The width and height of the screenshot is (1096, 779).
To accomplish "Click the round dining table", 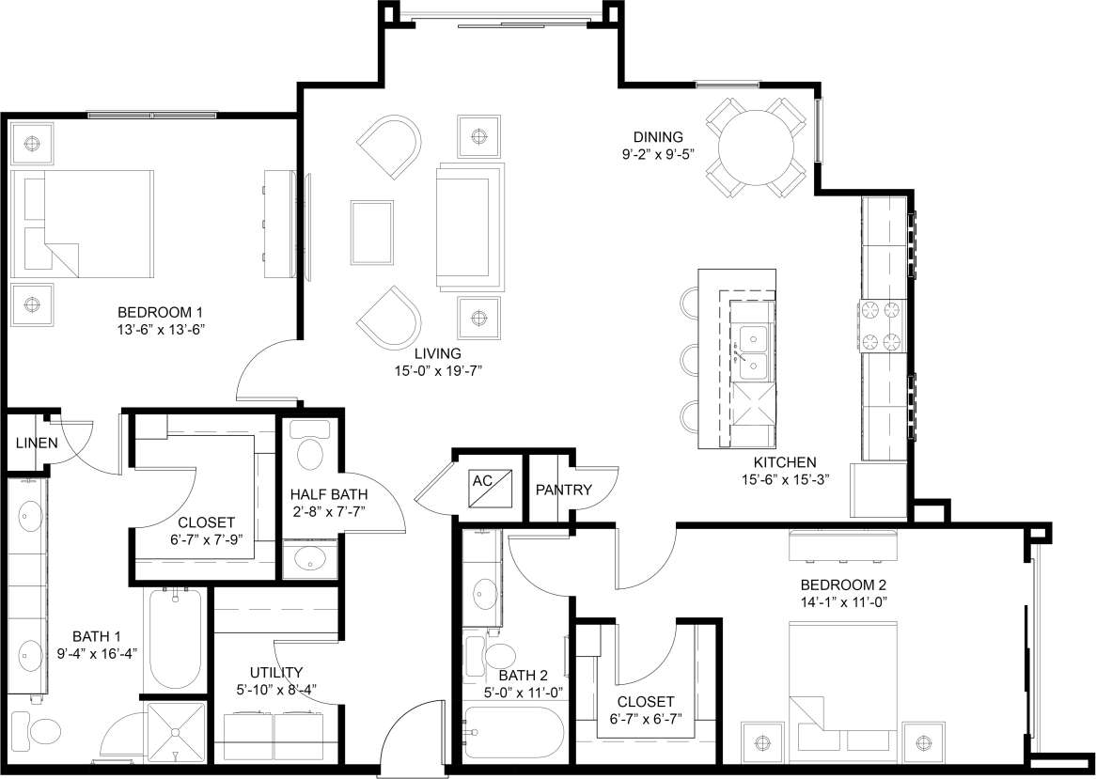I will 757,148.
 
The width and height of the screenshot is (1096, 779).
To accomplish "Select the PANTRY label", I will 563,490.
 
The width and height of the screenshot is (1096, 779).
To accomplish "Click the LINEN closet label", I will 36,443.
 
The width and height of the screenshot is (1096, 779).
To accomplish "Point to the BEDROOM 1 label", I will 160,312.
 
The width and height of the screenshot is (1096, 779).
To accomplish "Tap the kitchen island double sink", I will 753,350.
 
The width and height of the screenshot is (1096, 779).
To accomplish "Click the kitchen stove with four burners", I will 882,325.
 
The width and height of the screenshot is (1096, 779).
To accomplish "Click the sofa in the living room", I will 471,226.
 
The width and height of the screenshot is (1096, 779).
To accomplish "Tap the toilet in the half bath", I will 309,451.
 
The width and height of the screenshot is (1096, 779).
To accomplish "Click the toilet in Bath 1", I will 45,730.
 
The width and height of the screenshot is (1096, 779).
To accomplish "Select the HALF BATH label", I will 328,494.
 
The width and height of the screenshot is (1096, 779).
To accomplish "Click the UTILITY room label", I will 275,672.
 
